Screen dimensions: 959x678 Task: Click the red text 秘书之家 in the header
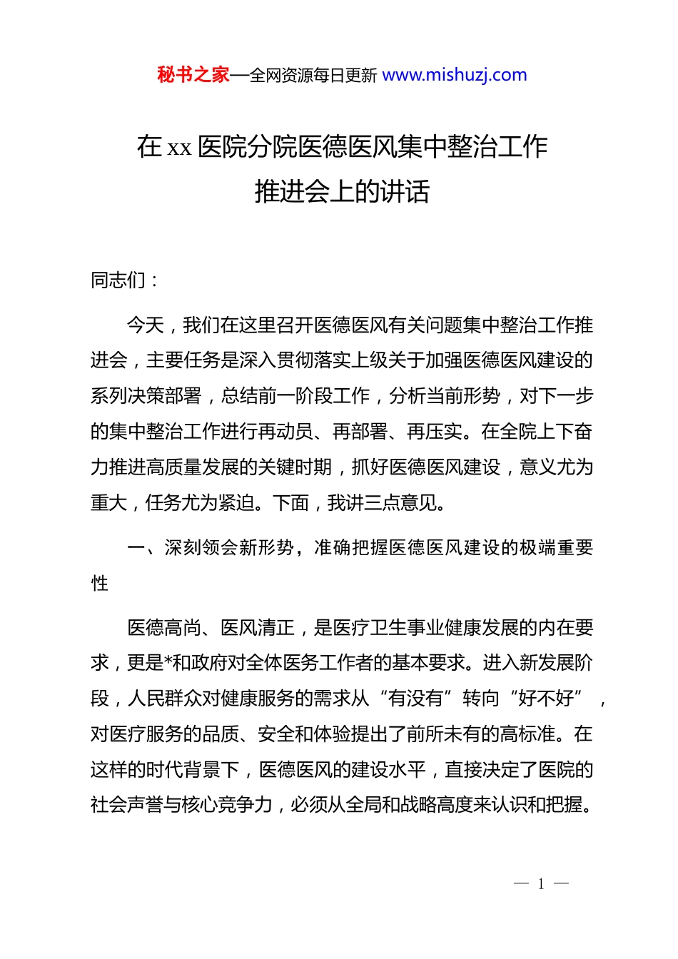[x=193, y=75]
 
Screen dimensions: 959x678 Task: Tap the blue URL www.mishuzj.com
[x=455, y=75]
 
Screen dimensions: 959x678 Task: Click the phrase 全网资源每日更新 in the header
[x=313, y=76]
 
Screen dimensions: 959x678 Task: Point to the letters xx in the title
[x=179, y=148]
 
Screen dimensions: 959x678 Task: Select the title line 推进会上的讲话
[x=342, y=191]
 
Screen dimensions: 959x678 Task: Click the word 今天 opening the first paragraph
[x=146, y=325]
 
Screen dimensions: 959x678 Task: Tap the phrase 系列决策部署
[x=146, y=396]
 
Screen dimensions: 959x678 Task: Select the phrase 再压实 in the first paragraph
[x=434, y=432]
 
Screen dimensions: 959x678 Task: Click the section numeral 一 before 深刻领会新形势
[x=136, y=547]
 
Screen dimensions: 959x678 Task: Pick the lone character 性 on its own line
[x=100, y=583]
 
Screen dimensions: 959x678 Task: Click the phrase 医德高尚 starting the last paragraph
[x=165, y=628]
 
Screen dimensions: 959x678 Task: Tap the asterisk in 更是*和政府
[x=168, y=664]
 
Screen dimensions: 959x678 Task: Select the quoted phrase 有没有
[x=415, y=699]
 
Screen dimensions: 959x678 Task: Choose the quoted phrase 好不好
[x=546, y=699]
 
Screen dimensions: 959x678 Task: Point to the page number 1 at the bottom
[x=541, y=884]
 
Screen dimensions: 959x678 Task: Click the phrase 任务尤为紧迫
[x=201, y=503]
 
